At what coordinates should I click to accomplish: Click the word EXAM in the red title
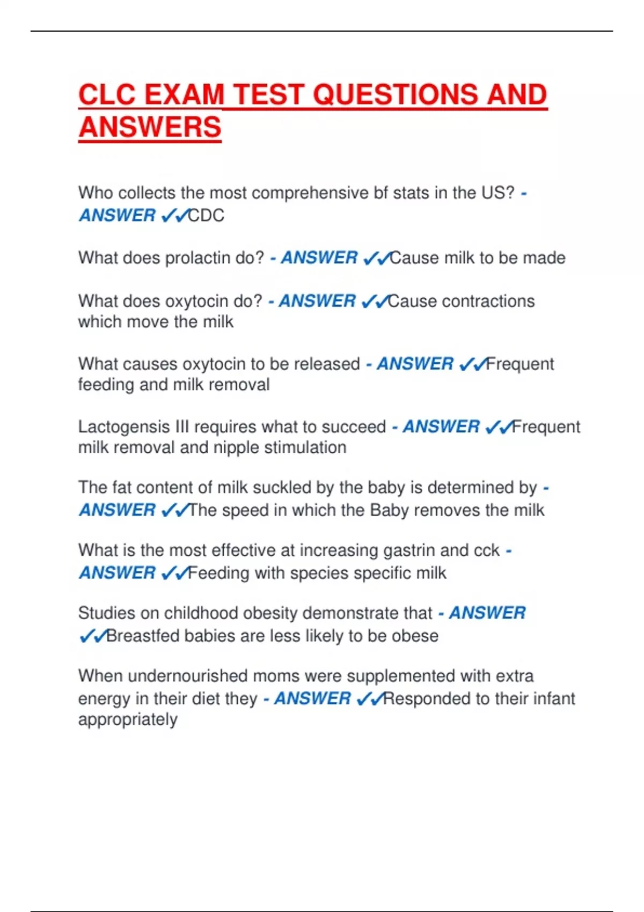click(x=184, y=95)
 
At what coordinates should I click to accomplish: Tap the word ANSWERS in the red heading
click(x=150, y=127)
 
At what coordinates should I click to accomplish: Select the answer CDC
click(x=206, y=215)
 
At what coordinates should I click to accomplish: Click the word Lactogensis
click(x=124, y=427)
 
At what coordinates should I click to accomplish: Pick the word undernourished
click(x=182, y=676)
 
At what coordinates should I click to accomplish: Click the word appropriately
click(x=128, y=719)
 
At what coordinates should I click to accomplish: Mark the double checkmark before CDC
click(x=174, y=216)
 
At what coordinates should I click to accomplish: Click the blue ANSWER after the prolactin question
click(x=319, y=258)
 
